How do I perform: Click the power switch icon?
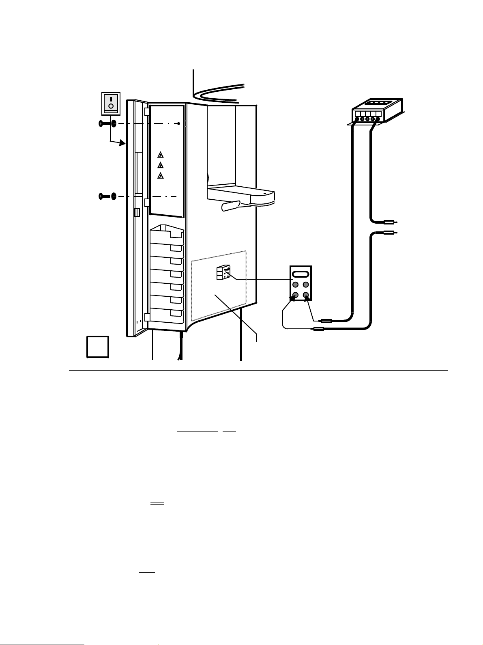[x=111, y=104]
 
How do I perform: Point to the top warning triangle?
[x=161, y=155]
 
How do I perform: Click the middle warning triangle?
[x=161, y=165]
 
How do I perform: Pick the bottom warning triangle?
[x=161, y=176]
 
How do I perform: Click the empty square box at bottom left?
[x=98, y=347]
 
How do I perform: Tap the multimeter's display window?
[x=301, y=274]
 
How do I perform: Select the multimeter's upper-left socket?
[x=296, y=285]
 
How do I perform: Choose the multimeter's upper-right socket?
[x=306, y=285]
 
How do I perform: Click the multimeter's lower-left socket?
[x=296, y=295]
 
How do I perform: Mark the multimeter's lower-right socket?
[x=306, y=295]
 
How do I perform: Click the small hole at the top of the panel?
[x=179, y=123]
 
